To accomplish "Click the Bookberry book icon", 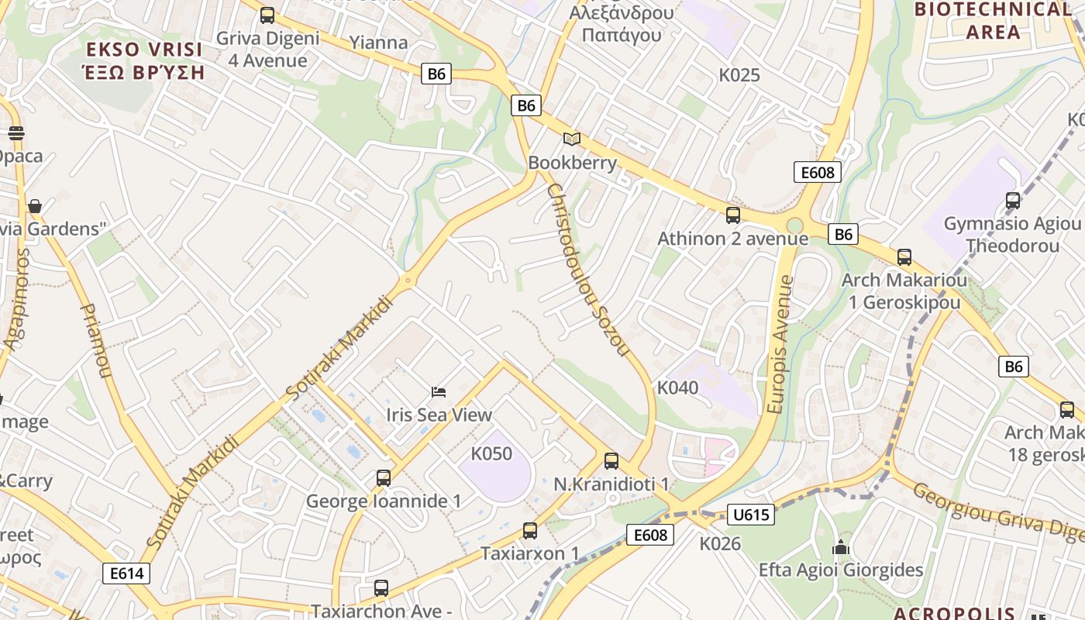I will click(572, 139).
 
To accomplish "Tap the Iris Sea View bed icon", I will click(439, 392).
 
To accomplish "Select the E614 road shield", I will click(126, 573).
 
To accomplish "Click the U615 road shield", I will click(751, 515).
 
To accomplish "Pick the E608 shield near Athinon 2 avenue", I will click(818, 172).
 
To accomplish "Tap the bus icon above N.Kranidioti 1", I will click(611, 461).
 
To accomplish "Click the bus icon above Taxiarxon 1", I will click(530, 531).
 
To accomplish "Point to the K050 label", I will click(491, 453).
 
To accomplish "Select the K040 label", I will click(677, 387).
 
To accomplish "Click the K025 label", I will click(739, 75).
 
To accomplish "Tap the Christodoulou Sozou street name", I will click(587, 270).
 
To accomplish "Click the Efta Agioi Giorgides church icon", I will click(841, 547).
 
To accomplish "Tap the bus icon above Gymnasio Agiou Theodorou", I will click(1012, 201).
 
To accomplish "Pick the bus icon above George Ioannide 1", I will click(384, 478).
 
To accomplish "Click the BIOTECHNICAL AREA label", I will click(994, 21).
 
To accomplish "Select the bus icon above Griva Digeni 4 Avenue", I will click(267, 15).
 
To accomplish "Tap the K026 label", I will click(720, 544).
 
